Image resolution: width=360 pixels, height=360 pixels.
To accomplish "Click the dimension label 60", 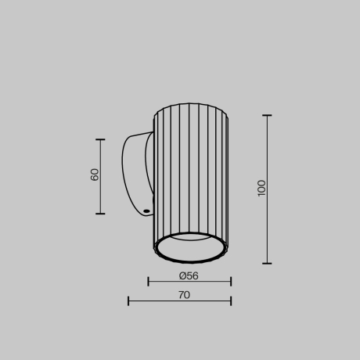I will pyautogui.click(x=95, y=175).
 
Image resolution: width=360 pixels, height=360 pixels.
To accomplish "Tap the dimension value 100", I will pyautogui.click(x=261, y=188).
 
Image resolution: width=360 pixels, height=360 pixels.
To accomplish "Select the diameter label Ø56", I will pyautogui.click(x=189, y=275).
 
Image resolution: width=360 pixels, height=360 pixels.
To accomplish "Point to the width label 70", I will pyautogui.click(x=184, y=295).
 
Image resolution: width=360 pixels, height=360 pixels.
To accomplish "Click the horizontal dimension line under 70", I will pyautogui.click(x=180, y=301).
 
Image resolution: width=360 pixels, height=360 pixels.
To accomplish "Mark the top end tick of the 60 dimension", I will pyautogui.click(x=100, y=139).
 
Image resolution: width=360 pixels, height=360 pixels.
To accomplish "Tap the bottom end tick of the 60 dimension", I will pyautogui.click(x=100, y=213).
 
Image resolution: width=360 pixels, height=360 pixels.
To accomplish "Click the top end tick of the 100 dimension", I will pyautogui.click(x=267, y=116).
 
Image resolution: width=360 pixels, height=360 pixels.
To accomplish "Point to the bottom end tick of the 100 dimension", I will pyautogui.click(x=267, y=263).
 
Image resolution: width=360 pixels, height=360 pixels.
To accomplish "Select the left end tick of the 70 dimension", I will pyautogui.click(x=128, y=301).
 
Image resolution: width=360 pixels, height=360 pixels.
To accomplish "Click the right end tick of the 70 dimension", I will pyautogui.click(x=231, y=301).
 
